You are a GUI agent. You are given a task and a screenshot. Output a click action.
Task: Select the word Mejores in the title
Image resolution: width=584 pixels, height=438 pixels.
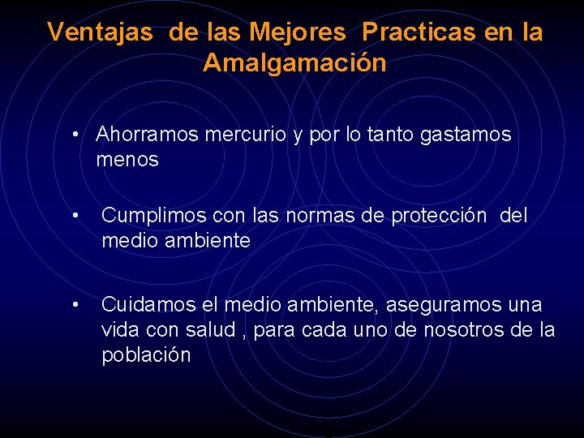[x=297, y=32]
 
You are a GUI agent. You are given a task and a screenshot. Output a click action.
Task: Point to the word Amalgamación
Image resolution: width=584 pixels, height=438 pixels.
[x=294, y=63]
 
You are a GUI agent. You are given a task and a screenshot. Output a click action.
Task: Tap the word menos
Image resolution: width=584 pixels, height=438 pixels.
[x=127, y=160]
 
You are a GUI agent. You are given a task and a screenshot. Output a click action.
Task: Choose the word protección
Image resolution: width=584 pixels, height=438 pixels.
[x=439, y=217]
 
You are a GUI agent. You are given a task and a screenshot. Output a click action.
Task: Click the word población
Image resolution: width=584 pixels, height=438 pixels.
[x=146, y=356]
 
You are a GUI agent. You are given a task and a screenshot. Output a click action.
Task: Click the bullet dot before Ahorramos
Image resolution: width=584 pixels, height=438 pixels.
[x=75, y=135]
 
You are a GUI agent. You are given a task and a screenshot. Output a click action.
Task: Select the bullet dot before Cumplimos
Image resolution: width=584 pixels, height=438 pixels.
[x=75, y=217]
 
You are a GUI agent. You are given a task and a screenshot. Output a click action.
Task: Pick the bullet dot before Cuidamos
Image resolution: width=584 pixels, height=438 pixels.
[x=75, y=306]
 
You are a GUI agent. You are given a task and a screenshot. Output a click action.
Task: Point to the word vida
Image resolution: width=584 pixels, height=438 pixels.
[x=118, y=331]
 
